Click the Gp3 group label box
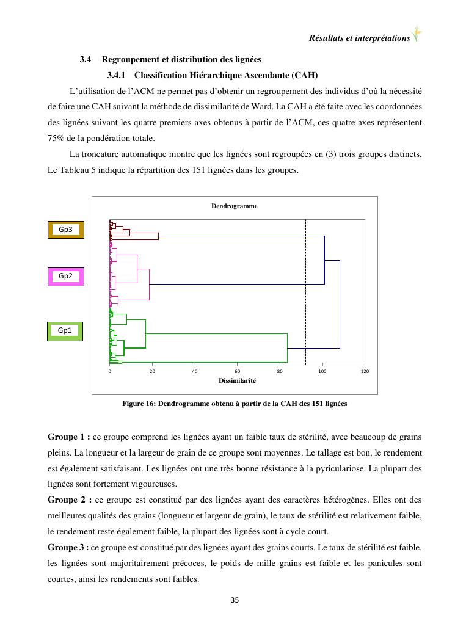pos(66,230)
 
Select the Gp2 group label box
pos(66,276)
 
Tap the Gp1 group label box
pos(65,330)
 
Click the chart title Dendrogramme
pos(235,206)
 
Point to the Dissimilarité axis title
pos(237,380)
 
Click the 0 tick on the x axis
pos(110,371)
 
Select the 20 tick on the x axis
pos(152,371)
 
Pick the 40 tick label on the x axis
pos(195,371)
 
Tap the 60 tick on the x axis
pos(237,371)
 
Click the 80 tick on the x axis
pos(280,371)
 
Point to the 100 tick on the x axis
pos(322,371)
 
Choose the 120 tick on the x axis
pos(365,371)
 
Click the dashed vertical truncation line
pos(305,293)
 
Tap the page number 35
pos(235,600)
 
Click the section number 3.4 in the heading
pos(86,60)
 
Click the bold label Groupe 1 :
pos(68,437)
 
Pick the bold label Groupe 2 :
pos(69,500)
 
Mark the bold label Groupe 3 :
pos(68,548)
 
